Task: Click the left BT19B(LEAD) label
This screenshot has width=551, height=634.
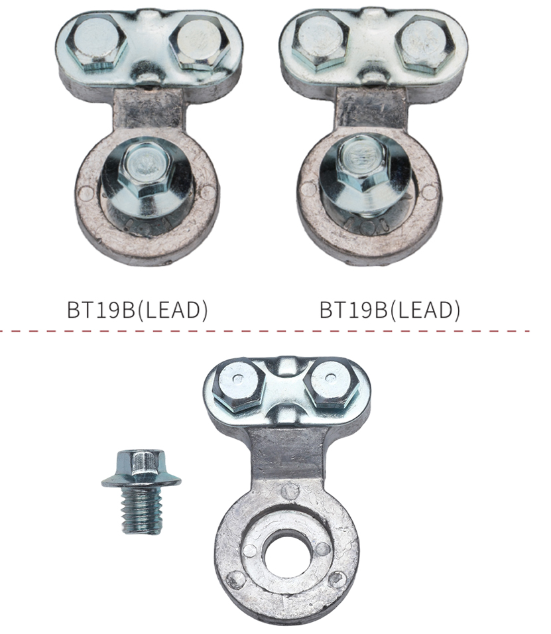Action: [137, 310]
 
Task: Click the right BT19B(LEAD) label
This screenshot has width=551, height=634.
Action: [390, 310]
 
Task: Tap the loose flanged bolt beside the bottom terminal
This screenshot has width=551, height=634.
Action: [141, 491]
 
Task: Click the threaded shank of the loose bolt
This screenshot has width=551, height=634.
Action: [141, 509]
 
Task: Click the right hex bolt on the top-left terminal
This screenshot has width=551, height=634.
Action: [200, 44]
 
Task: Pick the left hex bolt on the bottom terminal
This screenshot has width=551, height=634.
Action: [239, 386]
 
